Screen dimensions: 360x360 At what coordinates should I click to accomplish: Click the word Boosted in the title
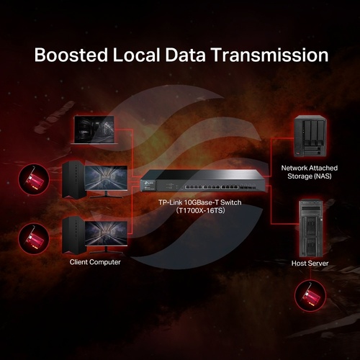71,55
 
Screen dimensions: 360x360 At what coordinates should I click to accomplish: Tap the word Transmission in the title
270,55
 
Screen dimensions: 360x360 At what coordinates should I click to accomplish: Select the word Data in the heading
185,55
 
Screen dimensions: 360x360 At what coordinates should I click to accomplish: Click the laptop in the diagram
94,130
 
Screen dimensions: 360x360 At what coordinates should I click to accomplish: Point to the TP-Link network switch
202,181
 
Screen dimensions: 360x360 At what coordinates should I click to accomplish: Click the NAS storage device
310,136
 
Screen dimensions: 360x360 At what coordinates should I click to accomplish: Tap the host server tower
310,228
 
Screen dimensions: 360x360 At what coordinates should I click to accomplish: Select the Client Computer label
95,262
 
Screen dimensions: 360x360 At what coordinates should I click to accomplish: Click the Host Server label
310,264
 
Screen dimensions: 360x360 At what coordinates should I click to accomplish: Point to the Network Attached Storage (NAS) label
310,172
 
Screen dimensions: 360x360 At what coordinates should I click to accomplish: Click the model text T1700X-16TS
200,210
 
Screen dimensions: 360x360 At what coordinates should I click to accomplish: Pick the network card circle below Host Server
310,296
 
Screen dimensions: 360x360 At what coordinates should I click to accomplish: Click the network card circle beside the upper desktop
34,179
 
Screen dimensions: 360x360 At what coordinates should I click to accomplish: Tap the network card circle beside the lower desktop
34,238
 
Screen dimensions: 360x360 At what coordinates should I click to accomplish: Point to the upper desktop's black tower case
74,179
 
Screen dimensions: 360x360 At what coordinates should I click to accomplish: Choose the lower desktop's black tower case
74,235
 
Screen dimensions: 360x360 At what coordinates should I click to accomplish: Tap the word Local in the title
136,55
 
